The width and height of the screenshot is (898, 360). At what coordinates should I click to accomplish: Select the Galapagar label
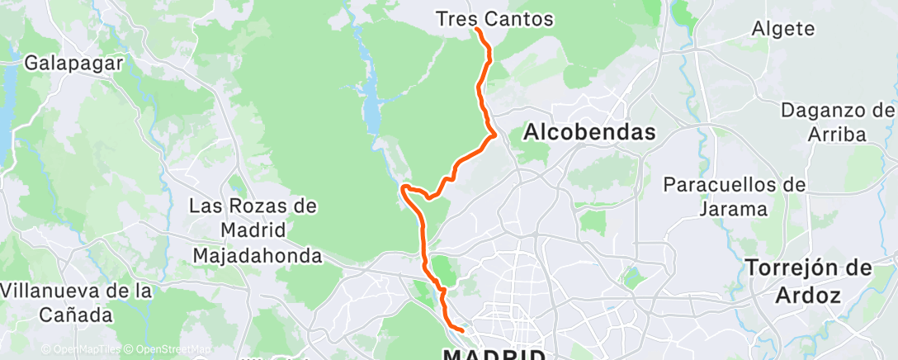click(x=74, y=63)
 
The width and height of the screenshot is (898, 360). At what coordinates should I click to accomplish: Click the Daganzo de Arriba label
click(x=837, y=122)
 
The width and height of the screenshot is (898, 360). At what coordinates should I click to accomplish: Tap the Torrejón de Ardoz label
click(x=809, y=281)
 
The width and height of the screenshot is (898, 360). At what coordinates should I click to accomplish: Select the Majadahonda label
click(x=257, y=256)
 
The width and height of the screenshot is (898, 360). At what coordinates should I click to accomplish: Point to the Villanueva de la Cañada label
click(x=77, y=302)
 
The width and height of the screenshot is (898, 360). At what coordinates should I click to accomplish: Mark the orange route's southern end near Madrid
click(x=463, y=330)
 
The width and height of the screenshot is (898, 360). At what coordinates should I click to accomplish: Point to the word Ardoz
click(x=809, y=295)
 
